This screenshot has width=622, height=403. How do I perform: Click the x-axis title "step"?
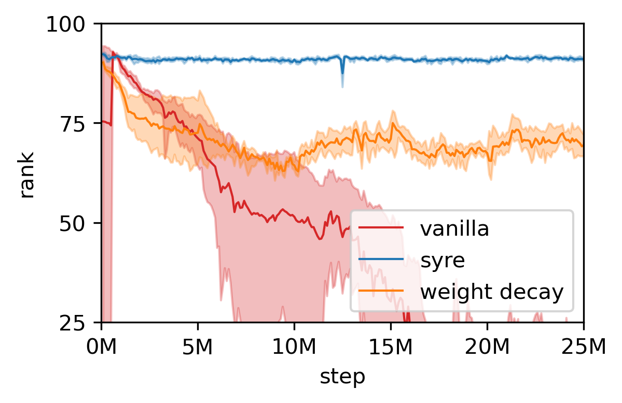(342, 377)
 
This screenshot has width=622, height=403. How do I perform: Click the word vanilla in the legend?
(454, 229)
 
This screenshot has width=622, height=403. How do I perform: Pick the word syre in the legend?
(442, 261)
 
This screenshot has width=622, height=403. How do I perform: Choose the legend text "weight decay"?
(491, 292)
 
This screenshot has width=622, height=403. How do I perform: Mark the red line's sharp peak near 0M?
(113, 52)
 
